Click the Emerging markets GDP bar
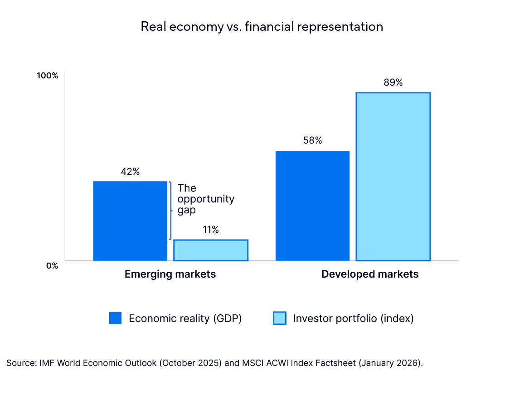coord(130,221)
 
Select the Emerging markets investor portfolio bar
coord(211,250)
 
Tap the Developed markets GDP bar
coord(312,206)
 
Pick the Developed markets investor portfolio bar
coord(393,177)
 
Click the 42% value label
coord(130,172)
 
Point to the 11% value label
coord(211,230)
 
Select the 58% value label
coord(312,141)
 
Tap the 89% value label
coord(393,83)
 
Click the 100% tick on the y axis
coord(48,76)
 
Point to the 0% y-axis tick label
coord(52,266)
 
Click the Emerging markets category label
coord(170,274)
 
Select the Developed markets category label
coord(370,274)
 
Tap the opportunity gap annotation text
coord(206,199)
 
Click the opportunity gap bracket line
coord(170,211)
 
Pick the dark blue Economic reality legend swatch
coord(116,318)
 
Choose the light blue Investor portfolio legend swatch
coord(280,318)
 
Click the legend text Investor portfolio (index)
coord(354,318)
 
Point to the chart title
coord(262,27)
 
